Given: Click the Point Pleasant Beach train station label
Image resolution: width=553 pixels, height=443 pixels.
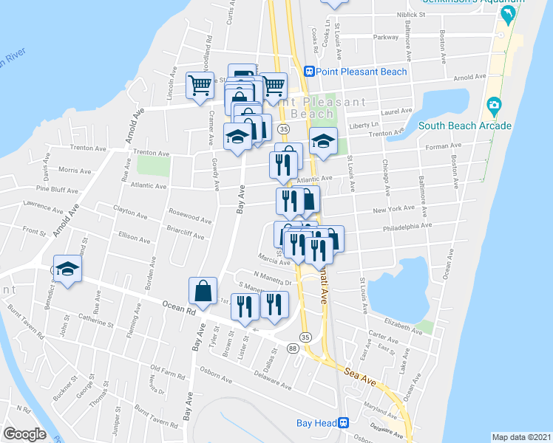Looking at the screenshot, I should [360, 72].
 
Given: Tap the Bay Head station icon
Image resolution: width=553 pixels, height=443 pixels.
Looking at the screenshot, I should [344, 422].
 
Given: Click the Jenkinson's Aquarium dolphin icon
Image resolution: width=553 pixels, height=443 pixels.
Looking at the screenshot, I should [508, 14].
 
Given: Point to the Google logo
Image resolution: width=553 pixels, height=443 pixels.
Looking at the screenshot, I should [24, 434].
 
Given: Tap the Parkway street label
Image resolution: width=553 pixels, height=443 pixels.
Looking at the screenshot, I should [385, 36].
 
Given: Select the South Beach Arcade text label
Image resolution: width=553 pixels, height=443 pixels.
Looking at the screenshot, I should [465, 126].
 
